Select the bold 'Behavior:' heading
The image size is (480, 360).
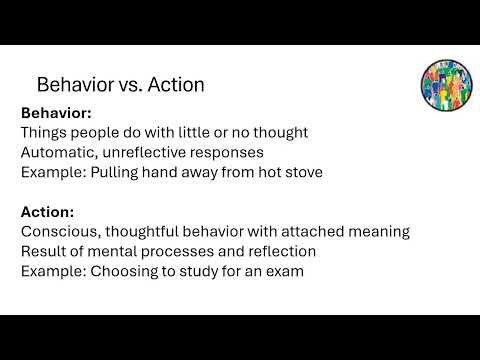[56, 113]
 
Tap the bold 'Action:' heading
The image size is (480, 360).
[47, 212]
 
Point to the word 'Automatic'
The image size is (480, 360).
[58, 152]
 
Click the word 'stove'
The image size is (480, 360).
[300, 171]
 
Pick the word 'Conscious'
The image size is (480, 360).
[60, 231]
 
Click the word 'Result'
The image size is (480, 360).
[45, 251]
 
